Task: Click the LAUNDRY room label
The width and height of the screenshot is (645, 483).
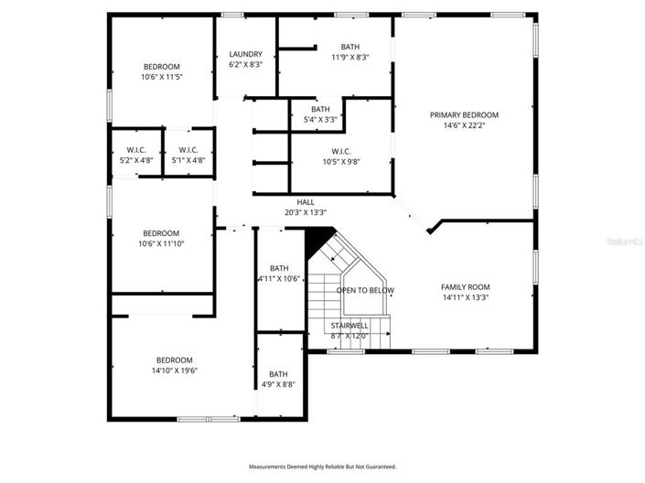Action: tap(245, 54)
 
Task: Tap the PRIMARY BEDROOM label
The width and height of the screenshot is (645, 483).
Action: tap(465, 115)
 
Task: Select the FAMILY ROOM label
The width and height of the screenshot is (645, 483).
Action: tap(466, 287)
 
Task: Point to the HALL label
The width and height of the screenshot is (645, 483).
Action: tap(306, 202)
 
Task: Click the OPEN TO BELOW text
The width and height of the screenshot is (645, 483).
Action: tap(365, 291)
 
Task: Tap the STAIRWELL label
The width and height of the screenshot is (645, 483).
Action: tap(349, 326)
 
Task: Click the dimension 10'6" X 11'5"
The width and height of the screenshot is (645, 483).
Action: tap(162, 77)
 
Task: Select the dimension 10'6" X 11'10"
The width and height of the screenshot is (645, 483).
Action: tap(161, 243)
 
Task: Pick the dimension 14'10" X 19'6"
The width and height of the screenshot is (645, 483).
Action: tap(175, 370)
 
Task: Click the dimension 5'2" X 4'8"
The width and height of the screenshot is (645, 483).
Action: tap(136, 160)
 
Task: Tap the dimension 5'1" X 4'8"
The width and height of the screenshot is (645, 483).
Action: tap(188, 160)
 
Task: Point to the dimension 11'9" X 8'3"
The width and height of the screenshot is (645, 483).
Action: tap(350, 58)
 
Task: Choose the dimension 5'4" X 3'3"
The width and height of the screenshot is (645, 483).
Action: tap(320, 120)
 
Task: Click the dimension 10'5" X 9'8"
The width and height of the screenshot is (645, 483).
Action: tap(341, 162)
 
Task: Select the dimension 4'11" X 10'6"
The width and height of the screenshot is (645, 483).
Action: tap(279, 278)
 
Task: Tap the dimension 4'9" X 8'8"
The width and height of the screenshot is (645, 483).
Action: tap(278, 385)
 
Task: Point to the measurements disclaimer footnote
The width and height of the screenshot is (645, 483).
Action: tap(322, 467)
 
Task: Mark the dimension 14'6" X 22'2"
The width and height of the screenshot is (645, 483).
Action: tap(465, 125)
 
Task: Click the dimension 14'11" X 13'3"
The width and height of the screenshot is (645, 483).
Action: tap(466, 297)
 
